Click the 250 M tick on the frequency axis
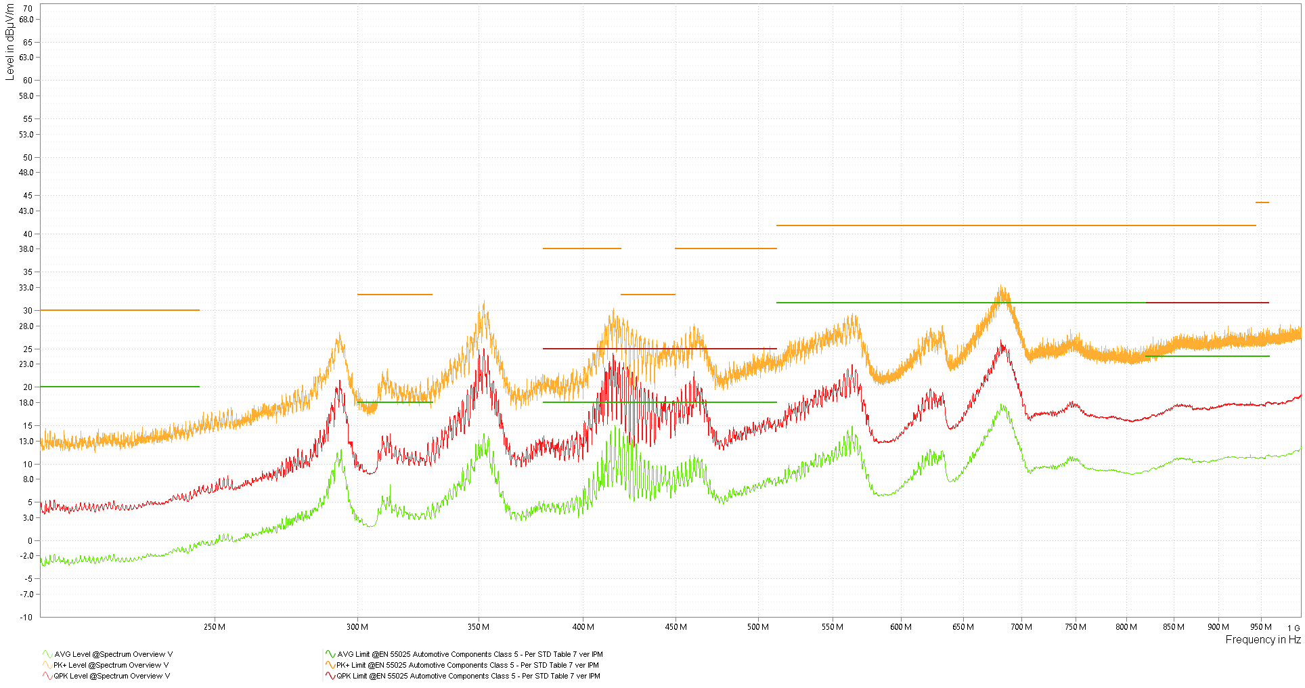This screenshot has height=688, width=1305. click(214, 627)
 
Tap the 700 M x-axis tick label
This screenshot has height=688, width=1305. click(1021, 627)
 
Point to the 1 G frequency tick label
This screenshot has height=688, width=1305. click(1293, 628)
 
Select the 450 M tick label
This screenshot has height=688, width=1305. click(676, 627)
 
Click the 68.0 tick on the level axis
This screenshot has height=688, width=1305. click(26, 20)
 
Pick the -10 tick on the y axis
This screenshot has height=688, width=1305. click(26, 617)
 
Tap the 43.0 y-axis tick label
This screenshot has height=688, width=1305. click(26, 211)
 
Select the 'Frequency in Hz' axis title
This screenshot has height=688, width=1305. click(1262, 640)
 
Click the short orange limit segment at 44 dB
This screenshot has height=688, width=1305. click(1262, 202)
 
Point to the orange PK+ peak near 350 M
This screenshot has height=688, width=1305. click(483, 305)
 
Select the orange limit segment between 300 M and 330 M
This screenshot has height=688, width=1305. click(395, 295)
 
